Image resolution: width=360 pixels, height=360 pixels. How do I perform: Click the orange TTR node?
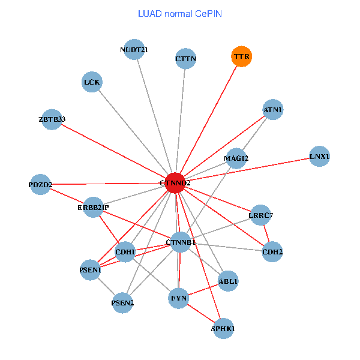pos(241,57)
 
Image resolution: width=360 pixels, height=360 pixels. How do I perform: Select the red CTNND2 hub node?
pos(175,182)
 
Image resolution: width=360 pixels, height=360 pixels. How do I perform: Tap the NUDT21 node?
pos(134,50)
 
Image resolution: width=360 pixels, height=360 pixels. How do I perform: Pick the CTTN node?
pos(186,59)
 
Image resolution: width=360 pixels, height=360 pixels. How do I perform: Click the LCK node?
pos(92,82)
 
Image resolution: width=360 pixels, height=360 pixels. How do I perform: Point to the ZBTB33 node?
pos(52,119)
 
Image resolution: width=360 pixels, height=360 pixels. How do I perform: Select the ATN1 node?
pos(273,110)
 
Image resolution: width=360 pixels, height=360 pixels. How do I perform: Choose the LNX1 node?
pos(319,157)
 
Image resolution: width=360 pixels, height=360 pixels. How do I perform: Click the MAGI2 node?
pos(236,158)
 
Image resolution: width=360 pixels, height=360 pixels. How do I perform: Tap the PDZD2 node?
pos(40,184)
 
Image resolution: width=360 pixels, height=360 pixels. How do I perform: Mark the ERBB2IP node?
pos(94,208)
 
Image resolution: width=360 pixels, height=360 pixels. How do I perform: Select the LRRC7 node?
pos(260,215)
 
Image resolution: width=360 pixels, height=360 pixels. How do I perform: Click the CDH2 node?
pos(272,251)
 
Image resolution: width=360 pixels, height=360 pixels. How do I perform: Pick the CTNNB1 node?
pos(181,242)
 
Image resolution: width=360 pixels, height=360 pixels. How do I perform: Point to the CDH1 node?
pos(125,251)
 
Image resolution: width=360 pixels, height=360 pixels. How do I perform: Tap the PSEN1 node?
pos(91,270)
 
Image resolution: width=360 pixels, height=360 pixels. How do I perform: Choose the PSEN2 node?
pos(122,303)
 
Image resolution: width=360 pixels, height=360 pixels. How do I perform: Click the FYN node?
pos(179,298)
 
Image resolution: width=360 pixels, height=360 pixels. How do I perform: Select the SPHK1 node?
pos(223,329)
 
